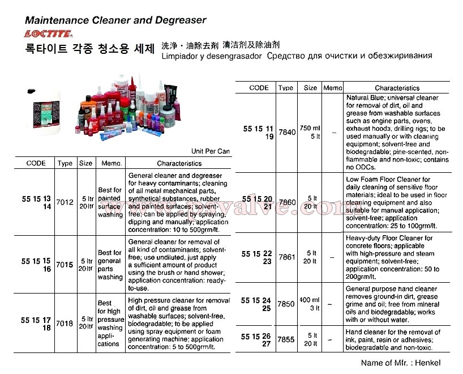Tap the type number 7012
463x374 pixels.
point(65,202)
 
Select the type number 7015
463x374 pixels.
point(65,265)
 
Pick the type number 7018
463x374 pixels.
point(65,324)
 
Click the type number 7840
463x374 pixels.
point(287,132)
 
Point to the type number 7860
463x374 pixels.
point(287,202)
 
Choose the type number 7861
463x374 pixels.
point(287,257)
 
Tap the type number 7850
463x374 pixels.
point(287,304)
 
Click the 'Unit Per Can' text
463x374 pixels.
point(211,151)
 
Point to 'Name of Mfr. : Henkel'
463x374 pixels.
point(401,363)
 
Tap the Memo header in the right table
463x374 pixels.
point(333,88)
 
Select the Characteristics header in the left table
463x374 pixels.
point(179,163)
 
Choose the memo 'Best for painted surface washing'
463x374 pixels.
point(110,202)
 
